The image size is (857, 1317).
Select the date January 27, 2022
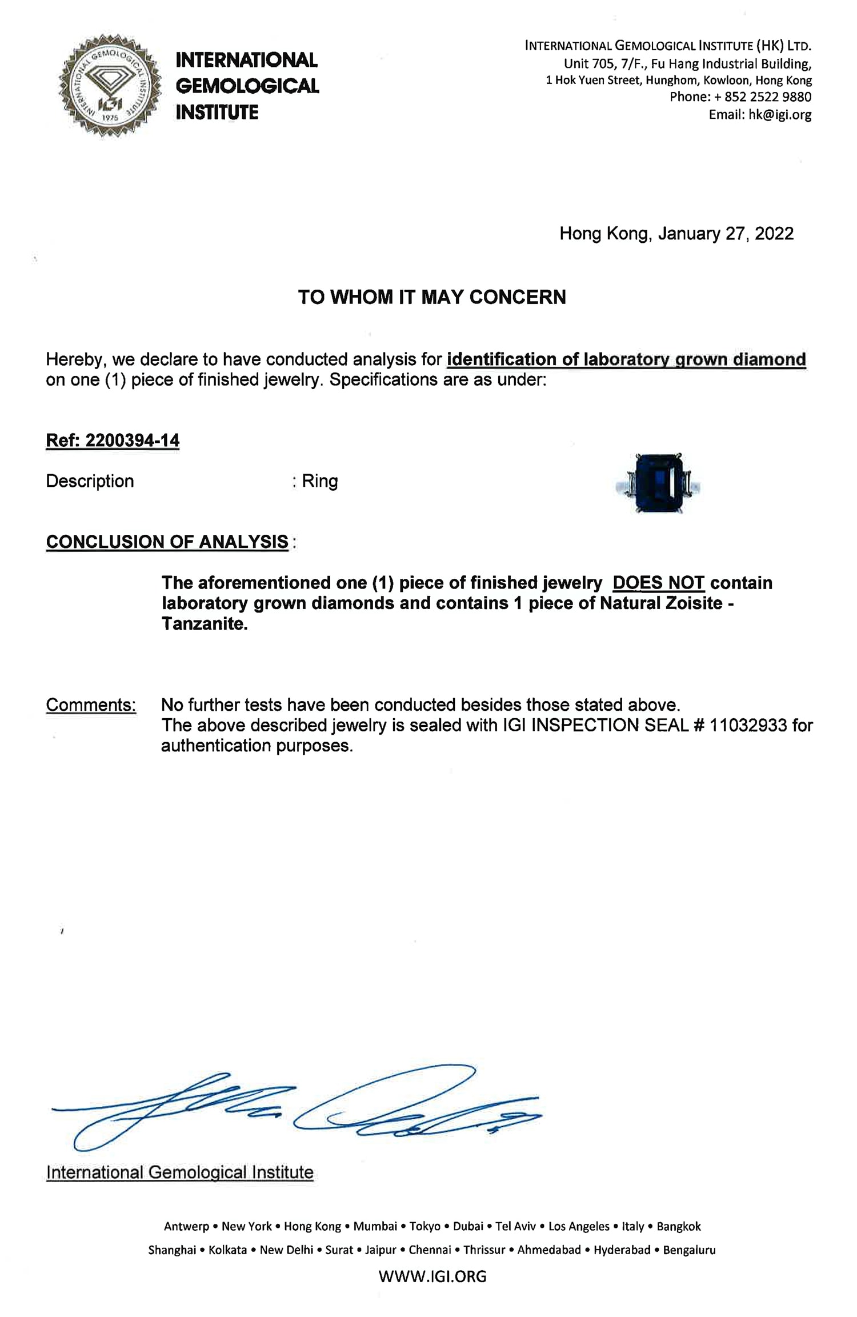[x=726, y=234]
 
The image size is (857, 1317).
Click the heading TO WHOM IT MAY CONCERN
[x=432, y=297]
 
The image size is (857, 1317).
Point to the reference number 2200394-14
[x=132, y=441]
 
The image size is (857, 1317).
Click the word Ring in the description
[x=320, y=481]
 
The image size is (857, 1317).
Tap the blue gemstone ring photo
[x=660, y=483]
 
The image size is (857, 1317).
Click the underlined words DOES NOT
[x=658, y=583]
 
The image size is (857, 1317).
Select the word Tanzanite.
[x=204, y=623]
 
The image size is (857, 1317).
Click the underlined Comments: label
[x=91, y=705]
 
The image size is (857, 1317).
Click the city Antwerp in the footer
[x=187, y=1226]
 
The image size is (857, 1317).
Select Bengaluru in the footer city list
[x=689, y=1250]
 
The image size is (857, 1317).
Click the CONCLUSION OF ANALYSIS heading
[x=167, y=542]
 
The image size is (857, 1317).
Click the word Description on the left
[x=90, y=481]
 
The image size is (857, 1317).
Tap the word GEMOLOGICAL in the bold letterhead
[x=247, y=86]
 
